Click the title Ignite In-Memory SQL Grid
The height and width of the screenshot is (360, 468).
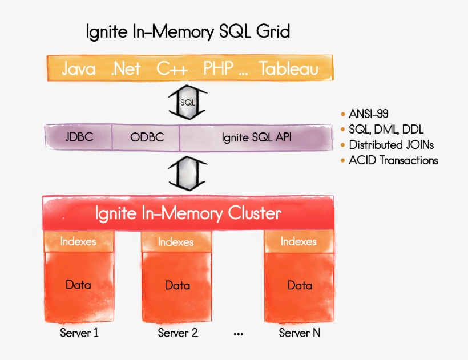pyautogui.click(x=188, y=31)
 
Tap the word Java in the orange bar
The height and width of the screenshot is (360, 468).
pyautogui.click(x=78, y=69)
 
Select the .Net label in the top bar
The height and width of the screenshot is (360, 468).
pyautogui.click(x=126, y=69)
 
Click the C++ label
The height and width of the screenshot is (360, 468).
pyautogui.click(x=172, y=69)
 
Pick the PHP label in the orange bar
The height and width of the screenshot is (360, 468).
pyautogui.click(x=218, y=69)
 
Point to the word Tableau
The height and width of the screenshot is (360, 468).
pyautogui.click(x=289, y=69)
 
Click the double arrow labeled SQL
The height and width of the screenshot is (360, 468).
pyautogui.click(x=187, y=102)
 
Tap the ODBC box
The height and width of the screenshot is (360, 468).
pyautogui.click(x=147, y=137)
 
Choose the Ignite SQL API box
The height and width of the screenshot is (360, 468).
pyautogui.click(x=256, y=137)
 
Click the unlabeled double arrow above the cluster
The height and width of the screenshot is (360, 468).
pyautogui.click(x=187, y=174)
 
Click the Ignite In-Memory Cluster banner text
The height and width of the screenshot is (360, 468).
pyautogui.click(x=188, y=214)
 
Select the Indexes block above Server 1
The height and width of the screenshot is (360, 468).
pyautogui.click(x=78, y=242)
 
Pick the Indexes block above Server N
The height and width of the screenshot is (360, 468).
pyautogui.click(x=298, y=242)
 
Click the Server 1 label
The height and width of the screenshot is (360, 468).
pyautogui.click(x=79, y=333)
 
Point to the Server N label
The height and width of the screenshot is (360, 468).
pyautogui.click(x=300, y=333)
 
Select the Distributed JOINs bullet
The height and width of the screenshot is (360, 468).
pyautogui.click(x=391, y=145)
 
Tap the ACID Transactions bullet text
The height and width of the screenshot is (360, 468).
pyautogui.click(x=393, y=160)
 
